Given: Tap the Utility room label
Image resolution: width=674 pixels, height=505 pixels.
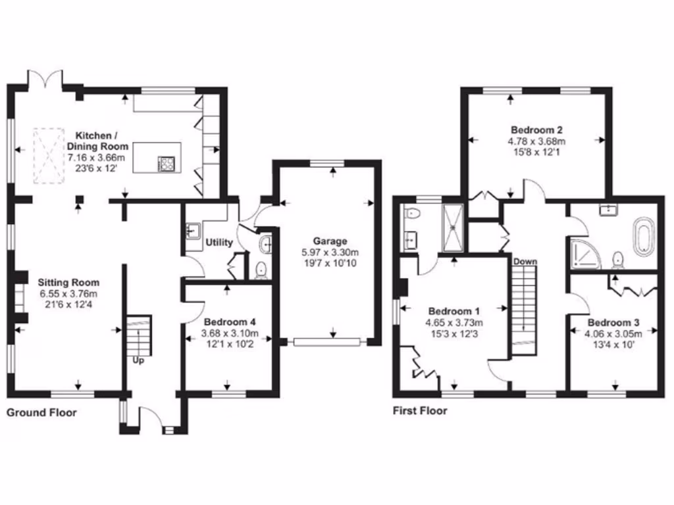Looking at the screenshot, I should point(219,243).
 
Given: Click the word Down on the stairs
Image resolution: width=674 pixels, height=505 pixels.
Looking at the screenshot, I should point(525,262).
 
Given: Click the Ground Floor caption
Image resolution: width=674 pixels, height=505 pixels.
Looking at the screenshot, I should point(41,413).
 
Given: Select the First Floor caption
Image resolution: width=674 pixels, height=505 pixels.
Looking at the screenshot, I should point(420,411).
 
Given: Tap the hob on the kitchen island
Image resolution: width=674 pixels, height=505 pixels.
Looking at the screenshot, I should point(166,163).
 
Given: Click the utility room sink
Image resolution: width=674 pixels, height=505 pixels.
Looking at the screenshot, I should point(193,231).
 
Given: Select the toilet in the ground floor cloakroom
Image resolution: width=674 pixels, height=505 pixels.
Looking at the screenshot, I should point(261,270).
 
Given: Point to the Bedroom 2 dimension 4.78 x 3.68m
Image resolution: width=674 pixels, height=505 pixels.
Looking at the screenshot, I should point(536,141).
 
